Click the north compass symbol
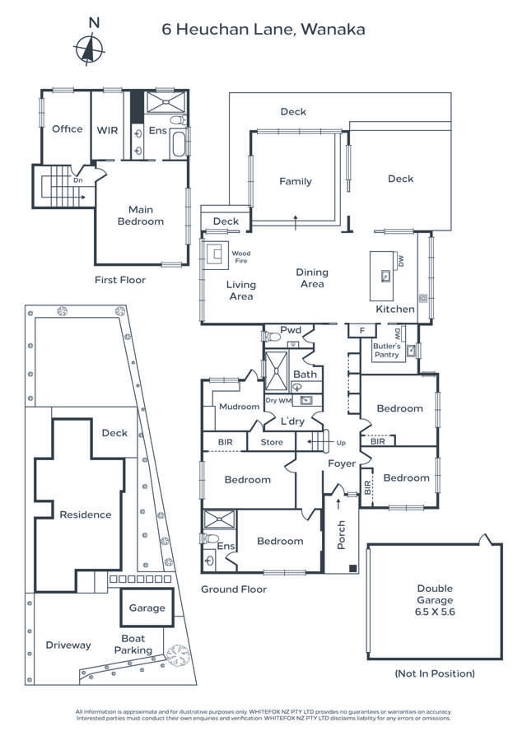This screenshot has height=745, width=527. tap(89, 48)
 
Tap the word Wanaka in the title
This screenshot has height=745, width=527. tap(333, 30)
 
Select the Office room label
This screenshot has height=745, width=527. tap(67, 129)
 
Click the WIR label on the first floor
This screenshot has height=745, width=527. tap(107, 129)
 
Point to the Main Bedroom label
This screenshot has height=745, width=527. tap(140, 216)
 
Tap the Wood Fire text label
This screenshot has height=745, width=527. tap(240, 257)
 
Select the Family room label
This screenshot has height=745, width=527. tap(295, 182)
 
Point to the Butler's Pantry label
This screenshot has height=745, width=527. tap(386, 352)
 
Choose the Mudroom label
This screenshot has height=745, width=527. tap(238, 407)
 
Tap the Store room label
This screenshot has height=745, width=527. tap(272, 443)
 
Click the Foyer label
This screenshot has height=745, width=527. tap(341, 463)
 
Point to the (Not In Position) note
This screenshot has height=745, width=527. tap(434, 673)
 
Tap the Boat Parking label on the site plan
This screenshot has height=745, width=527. tap(133, 644)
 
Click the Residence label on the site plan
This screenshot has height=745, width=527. tap(85, 515)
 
